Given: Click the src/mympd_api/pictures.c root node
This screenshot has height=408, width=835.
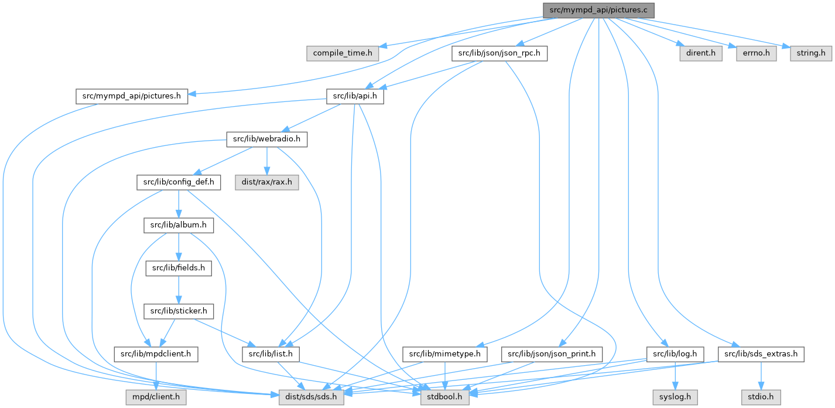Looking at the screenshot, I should (598, 10).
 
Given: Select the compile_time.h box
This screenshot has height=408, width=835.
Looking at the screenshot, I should (342, 53).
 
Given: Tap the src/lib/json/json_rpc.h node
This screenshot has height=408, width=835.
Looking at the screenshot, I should (499, 53).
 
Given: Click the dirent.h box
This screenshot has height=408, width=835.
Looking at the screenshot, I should (700, 53).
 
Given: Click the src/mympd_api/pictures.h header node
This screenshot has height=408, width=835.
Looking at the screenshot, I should (131, 96).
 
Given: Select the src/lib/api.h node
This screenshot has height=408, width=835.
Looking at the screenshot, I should (354, 96).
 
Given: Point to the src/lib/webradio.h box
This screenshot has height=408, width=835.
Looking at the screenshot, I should (266, 140).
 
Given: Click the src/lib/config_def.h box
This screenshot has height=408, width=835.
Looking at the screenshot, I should (179, 182).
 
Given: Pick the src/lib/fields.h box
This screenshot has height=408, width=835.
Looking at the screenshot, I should (179, 268).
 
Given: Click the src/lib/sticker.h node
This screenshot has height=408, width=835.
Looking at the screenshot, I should (179, 311).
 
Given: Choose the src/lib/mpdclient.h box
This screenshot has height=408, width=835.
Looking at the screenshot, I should (156, 354).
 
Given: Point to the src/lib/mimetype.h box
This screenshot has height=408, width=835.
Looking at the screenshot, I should (446, 354).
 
